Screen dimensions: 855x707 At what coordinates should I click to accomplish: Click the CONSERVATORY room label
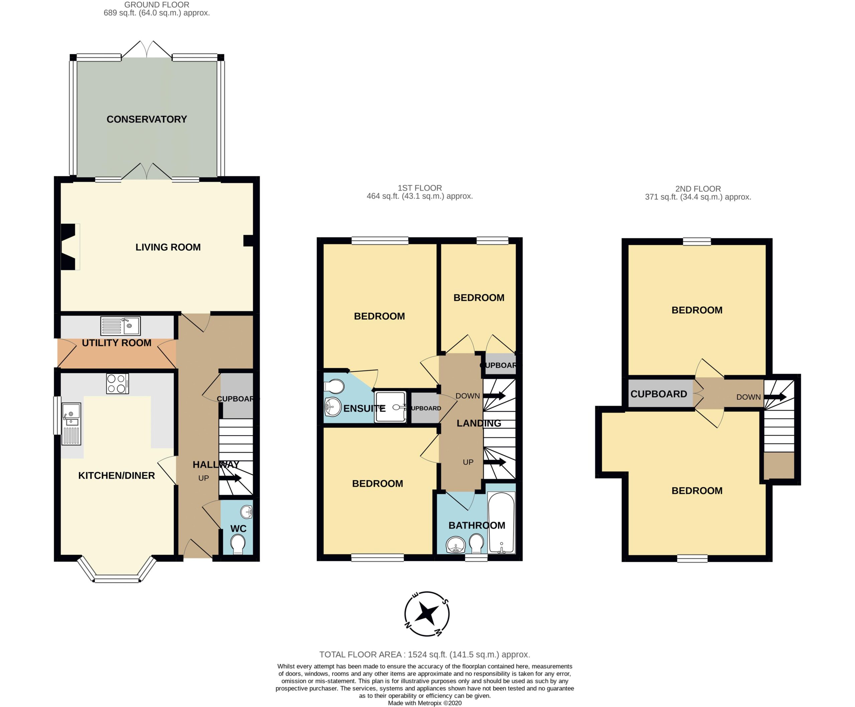pyautogui.click(x=147, y=119)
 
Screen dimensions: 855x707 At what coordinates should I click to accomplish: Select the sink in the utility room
pyautogui.click(x=121, y=326)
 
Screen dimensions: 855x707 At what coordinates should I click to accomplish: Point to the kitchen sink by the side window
pyautogui.click(x=71, y=424)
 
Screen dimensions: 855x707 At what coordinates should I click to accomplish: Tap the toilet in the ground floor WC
pyautogui.click(x=238, y=545)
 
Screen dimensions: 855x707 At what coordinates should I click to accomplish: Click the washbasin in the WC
pyautogui.click(x=246, y=511)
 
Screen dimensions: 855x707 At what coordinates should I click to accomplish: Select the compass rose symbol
pyautogui.click(x=427, y=614)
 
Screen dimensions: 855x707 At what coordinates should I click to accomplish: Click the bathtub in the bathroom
pyautogui.click(x=501, y=523)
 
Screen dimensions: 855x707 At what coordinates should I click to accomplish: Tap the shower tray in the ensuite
pyautogui.click(x=390, y=406)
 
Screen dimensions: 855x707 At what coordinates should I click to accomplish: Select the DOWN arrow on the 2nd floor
pyautogui.click(x=775, y=397)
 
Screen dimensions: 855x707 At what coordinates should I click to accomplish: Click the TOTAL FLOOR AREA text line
pyautogui.click(x=425, y=655)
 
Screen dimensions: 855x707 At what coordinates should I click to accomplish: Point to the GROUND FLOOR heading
pyautogui.click(x=157, y=5)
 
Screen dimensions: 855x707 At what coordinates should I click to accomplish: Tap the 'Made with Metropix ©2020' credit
pyautogui.click(x=425, y=703)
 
